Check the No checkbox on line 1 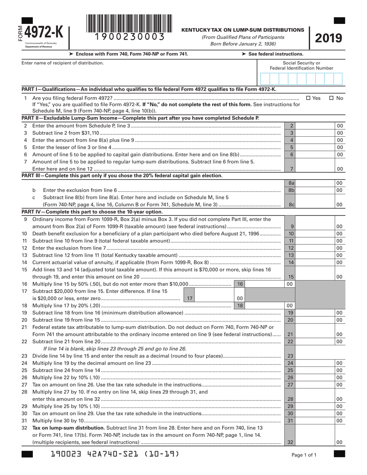click(x=331, y=98)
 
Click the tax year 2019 click(x=329, y=38)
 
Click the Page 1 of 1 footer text click(x=304, y=455)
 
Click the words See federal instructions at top click(x=272, y=54)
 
